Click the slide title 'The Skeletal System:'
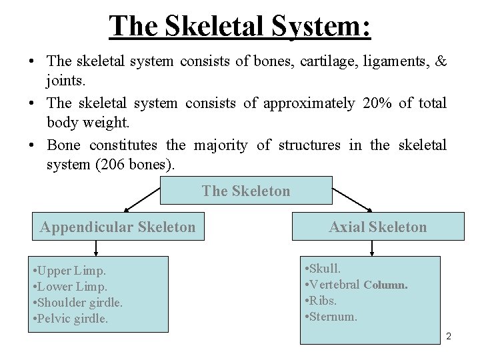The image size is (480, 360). [240, 27]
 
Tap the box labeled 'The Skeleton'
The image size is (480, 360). [246, 191]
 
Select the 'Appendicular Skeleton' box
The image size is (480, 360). [118, 227]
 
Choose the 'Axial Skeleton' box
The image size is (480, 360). [377, 227]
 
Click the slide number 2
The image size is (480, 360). [449, 337]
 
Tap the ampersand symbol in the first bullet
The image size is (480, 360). [440, 61]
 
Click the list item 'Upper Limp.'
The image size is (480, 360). [69, 271]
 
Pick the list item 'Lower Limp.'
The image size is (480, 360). [69, 287]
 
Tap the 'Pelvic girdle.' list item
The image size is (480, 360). [70, 319]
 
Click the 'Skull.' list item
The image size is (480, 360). [323, 269]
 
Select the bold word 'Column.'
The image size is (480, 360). [386, 285]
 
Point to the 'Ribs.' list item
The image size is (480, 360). [321, 301]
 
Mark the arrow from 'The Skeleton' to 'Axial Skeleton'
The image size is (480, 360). [353, 199]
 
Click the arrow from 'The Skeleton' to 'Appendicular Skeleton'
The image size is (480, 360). [141, 199]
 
